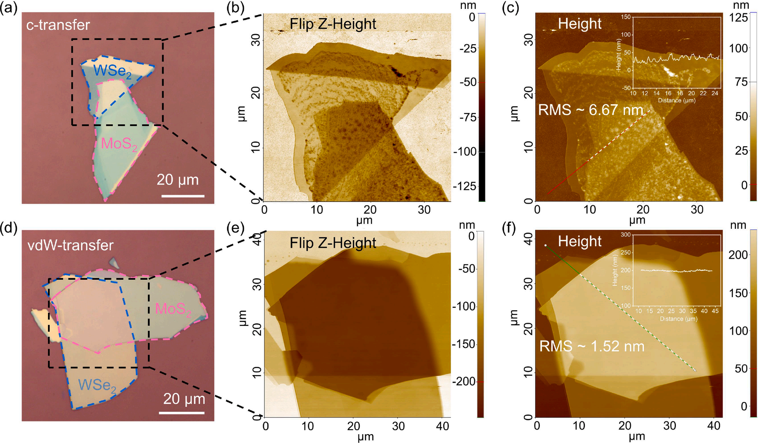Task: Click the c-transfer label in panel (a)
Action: pyautogui.click(x=58, y=25)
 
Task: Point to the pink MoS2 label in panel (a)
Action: pyautogui.click(x=119, y=144)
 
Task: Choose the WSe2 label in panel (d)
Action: pyautogui.click(x=97, y=385)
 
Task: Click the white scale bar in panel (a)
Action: pyautogui.click(x=183, y=196)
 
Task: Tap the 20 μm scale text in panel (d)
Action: pyautogui.click(x=184, y=399)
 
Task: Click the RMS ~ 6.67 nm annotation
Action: pyautogui.click(x=591, y=110)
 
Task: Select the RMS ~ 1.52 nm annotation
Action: pyautogui.click(x=592, y=346)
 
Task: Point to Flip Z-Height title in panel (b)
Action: pyautogui.click(x=333, y=24)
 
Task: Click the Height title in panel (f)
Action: pyautogui.click(x=579, y=241)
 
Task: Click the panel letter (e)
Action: pyautogui.click(x=235, y=228)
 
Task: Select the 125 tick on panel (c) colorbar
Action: pyautogui.click(x=738, y=18)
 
